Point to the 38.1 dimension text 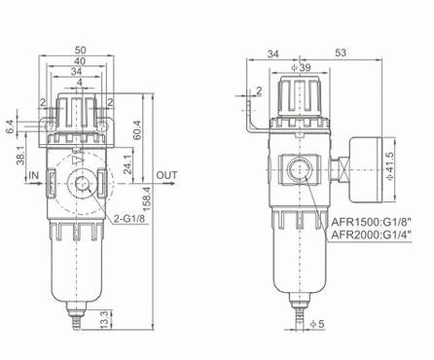20,155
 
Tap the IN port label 34,176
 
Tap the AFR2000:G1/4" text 374,234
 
